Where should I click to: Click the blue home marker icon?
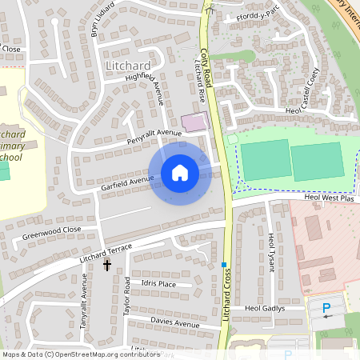[x=180, y=172]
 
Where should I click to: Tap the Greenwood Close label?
[x=52, y=233]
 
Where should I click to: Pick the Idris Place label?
[x=158, y=284]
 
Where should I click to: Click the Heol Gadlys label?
[x=265, y=308]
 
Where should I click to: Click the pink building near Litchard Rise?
[x=194, y=122]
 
